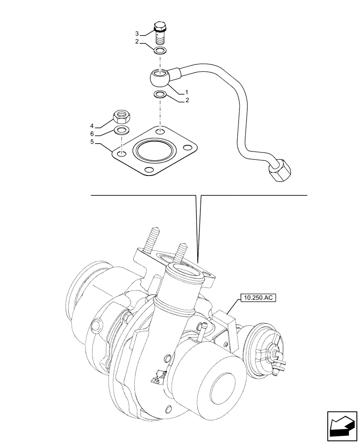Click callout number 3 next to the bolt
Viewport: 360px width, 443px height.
137,34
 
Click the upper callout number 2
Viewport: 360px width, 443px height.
137,42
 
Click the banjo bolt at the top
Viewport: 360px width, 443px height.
160,31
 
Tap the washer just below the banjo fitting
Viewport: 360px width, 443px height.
160,94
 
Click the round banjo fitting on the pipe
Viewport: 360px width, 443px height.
160,78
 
